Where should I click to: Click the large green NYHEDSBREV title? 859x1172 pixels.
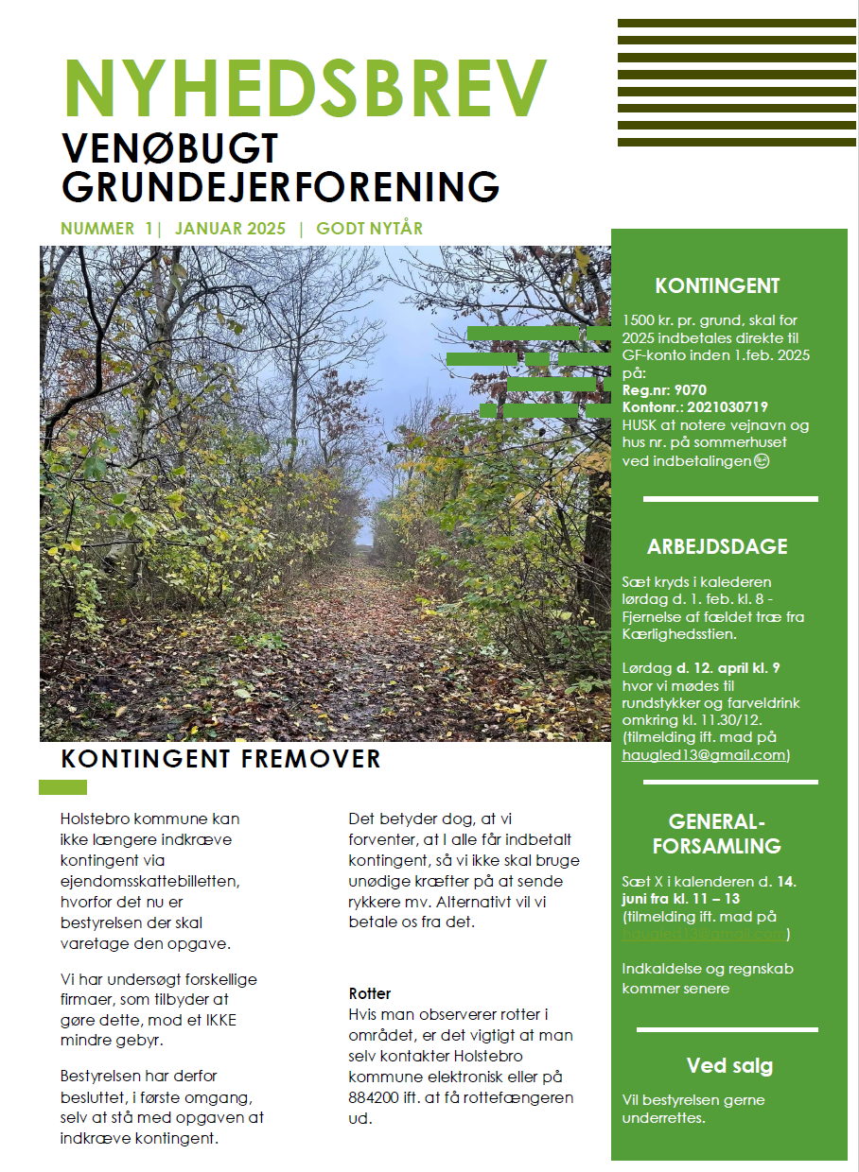305,87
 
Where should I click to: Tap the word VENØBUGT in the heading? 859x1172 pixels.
170,148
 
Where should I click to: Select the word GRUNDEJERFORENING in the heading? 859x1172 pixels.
280,187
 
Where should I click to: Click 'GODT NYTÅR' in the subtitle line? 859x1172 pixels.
369,229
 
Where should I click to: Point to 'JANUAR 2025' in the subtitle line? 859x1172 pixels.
230,229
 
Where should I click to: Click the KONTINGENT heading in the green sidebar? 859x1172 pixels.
717,286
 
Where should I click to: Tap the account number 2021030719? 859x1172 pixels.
727,407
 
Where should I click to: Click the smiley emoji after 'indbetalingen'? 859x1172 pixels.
762,461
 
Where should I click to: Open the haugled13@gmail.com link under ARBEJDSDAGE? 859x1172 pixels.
704,755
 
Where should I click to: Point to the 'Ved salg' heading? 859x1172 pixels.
729,1067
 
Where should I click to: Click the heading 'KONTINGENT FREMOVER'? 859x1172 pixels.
220,759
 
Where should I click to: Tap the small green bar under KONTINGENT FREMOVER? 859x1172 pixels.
62,787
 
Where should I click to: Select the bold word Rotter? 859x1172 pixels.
370,993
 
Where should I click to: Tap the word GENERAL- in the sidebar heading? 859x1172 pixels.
716,820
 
